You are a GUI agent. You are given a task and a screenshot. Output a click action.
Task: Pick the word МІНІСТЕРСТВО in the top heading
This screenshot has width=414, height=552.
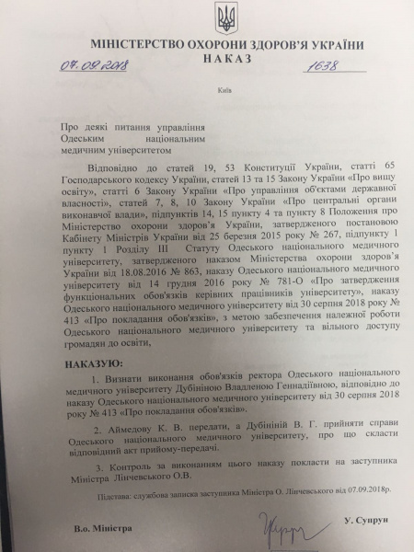137,45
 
